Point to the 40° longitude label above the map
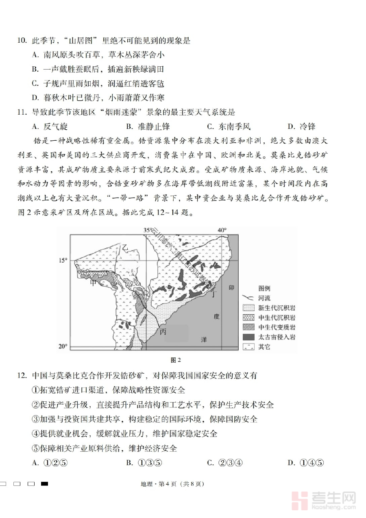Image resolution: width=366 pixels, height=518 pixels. (x=222, y=230)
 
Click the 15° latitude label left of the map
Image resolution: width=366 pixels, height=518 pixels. (x=63, y=260)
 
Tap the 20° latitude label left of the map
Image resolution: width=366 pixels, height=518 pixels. (x=63, y=346)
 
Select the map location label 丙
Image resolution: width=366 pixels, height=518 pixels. (x=163, y=332)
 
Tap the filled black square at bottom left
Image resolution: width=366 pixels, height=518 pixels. (x=45, y=483)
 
